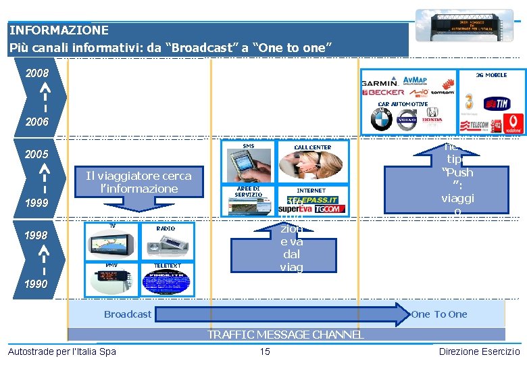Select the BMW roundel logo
[382, 120]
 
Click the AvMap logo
[414, 80]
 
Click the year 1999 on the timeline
[36, 203]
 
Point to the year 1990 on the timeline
[36, 284]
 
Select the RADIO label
[166, 228]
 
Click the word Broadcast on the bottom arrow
[128, 314]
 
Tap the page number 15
[265, 351]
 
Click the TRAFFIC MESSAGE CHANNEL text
[286, 335]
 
